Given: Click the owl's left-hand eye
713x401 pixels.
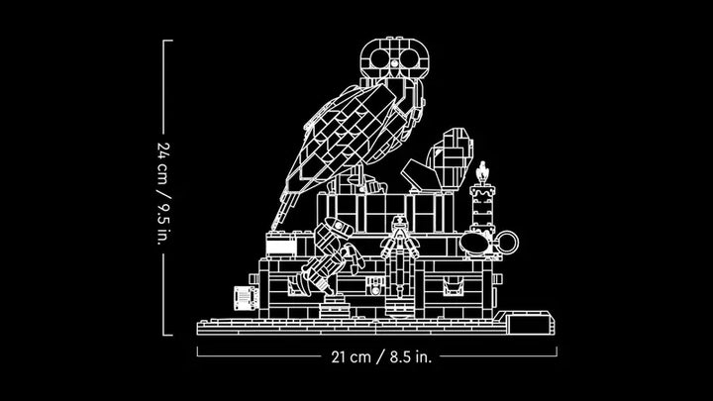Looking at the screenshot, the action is coord(380,57).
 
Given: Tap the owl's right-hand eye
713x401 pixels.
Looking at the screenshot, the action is coord(409,57).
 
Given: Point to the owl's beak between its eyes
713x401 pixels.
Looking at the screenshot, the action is coord(395,63).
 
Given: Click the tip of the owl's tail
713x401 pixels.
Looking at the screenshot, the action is coord(273,228).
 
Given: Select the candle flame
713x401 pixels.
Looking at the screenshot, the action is coord(482,172).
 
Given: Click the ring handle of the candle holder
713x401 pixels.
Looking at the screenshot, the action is coord(506,243).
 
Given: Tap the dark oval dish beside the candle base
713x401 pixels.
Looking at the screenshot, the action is coord(474,243).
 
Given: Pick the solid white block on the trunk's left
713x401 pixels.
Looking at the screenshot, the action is coord(281,246).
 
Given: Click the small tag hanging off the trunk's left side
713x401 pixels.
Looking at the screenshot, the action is coord(246,298).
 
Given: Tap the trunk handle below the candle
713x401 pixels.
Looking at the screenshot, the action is coord(453,286).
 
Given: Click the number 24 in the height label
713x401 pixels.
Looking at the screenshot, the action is coord(163,150).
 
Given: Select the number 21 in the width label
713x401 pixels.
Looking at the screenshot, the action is coord(339,356).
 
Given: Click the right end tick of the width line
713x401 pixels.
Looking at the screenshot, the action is coord(557,351).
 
